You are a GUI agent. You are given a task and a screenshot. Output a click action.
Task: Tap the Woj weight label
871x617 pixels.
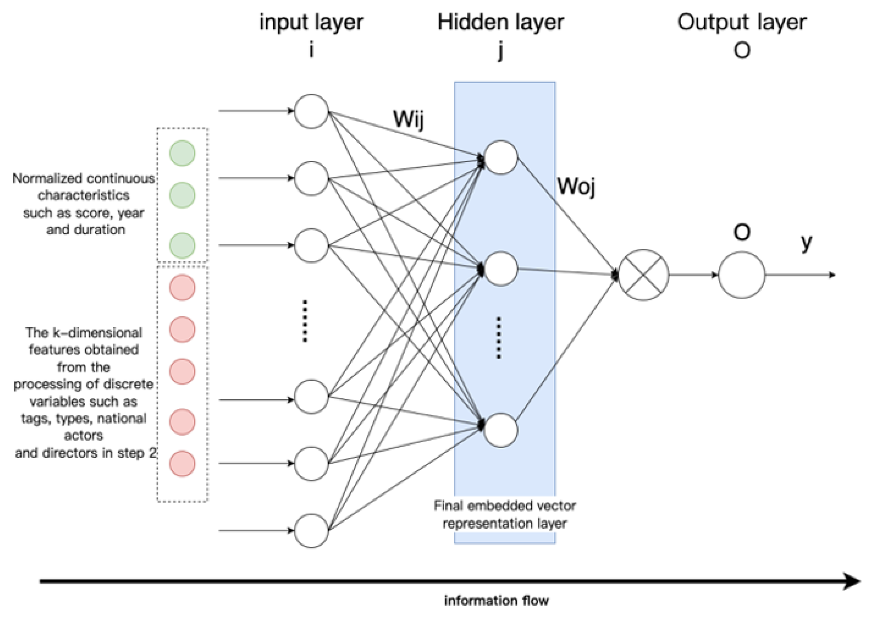pos(576,187)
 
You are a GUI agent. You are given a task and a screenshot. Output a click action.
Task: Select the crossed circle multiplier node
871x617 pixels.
pos(643,275)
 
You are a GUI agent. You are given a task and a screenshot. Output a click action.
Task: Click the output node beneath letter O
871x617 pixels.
pos(741,275)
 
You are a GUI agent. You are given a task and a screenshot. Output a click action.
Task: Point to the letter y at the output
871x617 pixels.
pos(806,243)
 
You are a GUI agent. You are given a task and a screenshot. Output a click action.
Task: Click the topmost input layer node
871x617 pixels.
pos(311,111)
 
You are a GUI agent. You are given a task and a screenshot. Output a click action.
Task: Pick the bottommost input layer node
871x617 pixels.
pos(311,530)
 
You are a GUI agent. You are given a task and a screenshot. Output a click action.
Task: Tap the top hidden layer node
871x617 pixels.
pos(500,157)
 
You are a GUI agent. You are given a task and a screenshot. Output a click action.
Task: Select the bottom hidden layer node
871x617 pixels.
pos(500,430)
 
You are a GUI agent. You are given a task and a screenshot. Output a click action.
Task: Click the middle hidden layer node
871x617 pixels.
pos(500,269)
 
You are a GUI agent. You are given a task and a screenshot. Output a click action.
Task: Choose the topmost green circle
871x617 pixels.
pos(182,153)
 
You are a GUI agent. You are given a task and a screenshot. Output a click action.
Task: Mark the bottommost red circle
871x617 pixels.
pos(182,464)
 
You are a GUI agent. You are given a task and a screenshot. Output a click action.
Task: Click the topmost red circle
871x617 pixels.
pos(182,287)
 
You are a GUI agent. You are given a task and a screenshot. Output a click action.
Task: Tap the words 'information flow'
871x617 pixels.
pos(496,600)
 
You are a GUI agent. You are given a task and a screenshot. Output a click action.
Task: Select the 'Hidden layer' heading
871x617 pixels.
pos(500,22)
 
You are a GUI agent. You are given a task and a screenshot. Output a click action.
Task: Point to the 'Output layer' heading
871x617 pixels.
pos(742,22)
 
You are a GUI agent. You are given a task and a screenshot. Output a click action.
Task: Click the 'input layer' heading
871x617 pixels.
pos(311,22)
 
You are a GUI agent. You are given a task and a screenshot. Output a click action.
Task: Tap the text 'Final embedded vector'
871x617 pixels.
pos(504,505)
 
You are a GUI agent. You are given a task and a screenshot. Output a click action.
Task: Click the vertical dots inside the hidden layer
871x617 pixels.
pos(498,338)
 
